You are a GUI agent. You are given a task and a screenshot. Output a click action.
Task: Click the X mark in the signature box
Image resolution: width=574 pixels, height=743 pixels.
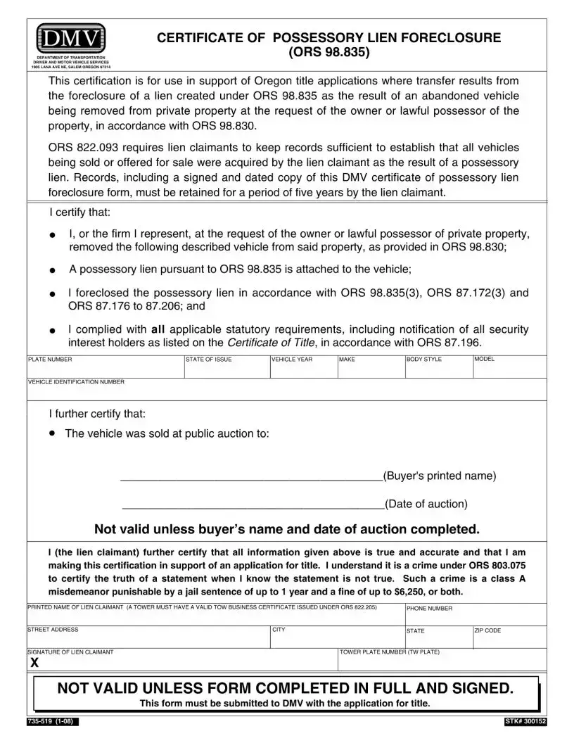(34, 664)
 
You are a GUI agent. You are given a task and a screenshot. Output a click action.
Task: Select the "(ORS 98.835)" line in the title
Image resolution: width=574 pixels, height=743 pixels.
(329, 53)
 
